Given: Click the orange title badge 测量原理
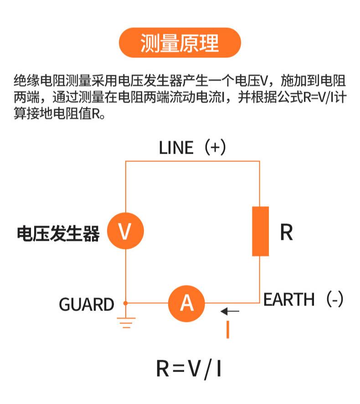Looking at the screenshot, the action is pos(180,43).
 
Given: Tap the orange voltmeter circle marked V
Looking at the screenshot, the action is pos(125,231).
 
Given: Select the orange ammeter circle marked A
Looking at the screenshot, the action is pos(186,304).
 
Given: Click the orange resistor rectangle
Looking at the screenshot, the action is pos(260,231).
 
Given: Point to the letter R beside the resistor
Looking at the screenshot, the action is pos(286,232).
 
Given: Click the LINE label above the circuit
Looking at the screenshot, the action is pos(176,148).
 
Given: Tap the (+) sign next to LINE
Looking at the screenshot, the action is pos(215,147).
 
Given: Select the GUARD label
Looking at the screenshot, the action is pos(87,304).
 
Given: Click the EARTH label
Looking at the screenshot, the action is pos(289,300).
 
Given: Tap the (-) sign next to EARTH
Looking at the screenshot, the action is pos(335,299).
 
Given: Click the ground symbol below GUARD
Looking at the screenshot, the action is pos(126,322).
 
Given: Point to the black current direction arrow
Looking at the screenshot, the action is pos(230,311).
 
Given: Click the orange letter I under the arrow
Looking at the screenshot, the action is pos(228,329).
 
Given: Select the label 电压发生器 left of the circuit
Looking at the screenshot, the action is pos(58,233).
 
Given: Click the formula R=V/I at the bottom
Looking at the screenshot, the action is pos(189,369).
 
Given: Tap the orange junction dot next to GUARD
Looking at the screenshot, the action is pos(125,303).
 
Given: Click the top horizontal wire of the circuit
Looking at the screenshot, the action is pos(193,161).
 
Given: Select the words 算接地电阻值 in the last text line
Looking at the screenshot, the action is pos(53,114).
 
